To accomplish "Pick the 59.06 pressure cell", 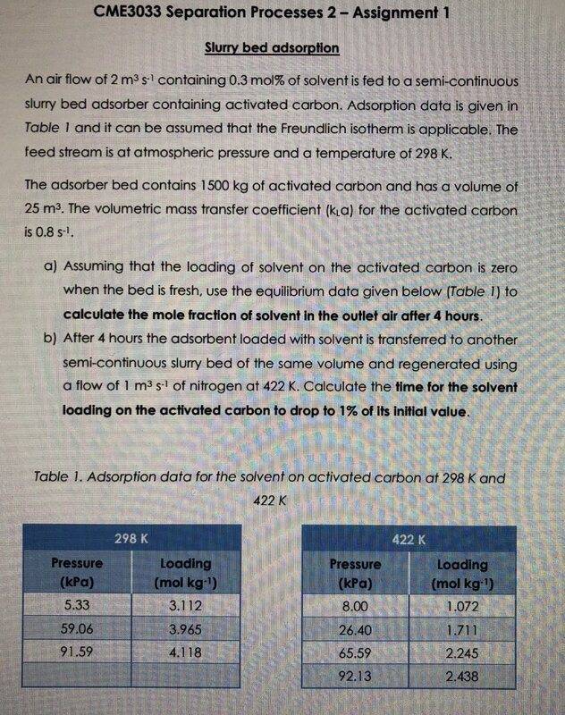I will [x=79, y=629].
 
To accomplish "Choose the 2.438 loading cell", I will [x=462, y=677].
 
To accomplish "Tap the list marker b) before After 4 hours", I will [x=51, y=341].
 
